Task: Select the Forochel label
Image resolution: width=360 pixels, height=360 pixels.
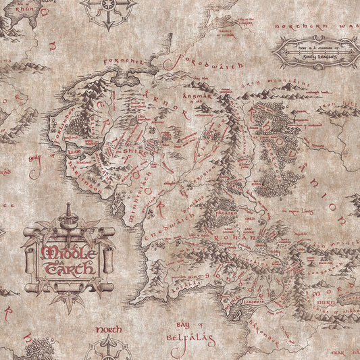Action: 126,63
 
